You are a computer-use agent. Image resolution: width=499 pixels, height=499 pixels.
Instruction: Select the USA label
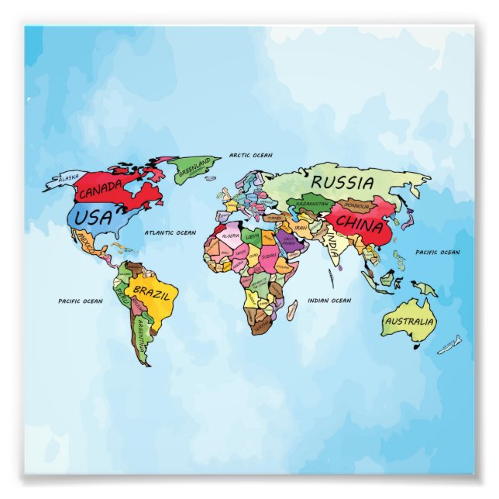click(x=93, y=218)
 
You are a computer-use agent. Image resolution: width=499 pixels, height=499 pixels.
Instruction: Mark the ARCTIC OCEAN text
click(x=250, y=155)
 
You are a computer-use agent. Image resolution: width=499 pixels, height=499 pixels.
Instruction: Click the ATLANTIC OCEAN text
click(x=170, y=232)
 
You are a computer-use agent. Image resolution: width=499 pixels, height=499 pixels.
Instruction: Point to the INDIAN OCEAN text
click(x=329, y=300)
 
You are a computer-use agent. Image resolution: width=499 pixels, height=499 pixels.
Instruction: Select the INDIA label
click(x=331, y=247)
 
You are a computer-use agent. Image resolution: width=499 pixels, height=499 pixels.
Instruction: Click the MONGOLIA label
click(x=356, y=206)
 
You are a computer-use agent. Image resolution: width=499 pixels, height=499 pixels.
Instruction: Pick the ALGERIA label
click(x=230, y=235)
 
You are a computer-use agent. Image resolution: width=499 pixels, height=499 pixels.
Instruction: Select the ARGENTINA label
click(x=140, y=333)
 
